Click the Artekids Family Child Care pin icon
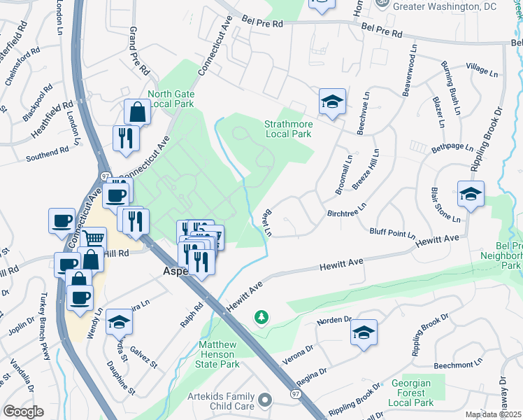click(264, 400)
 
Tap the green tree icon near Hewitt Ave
click(261, 318)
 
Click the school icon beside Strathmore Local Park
click(332, 102)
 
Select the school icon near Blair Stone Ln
click(471, 194)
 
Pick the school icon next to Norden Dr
click(364, 333)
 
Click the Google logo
click(23, 412)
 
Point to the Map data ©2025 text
click(493, 414)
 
